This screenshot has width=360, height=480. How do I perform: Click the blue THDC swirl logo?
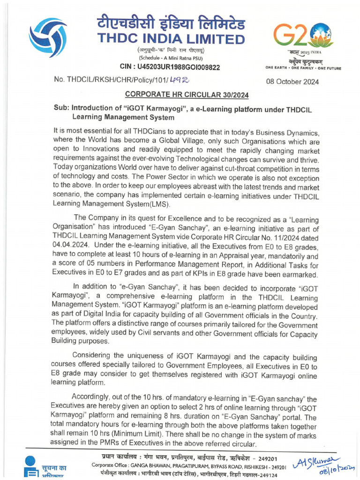coord(48,37)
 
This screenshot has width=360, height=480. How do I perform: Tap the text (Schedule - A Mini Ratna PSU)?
coord(173,58)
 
